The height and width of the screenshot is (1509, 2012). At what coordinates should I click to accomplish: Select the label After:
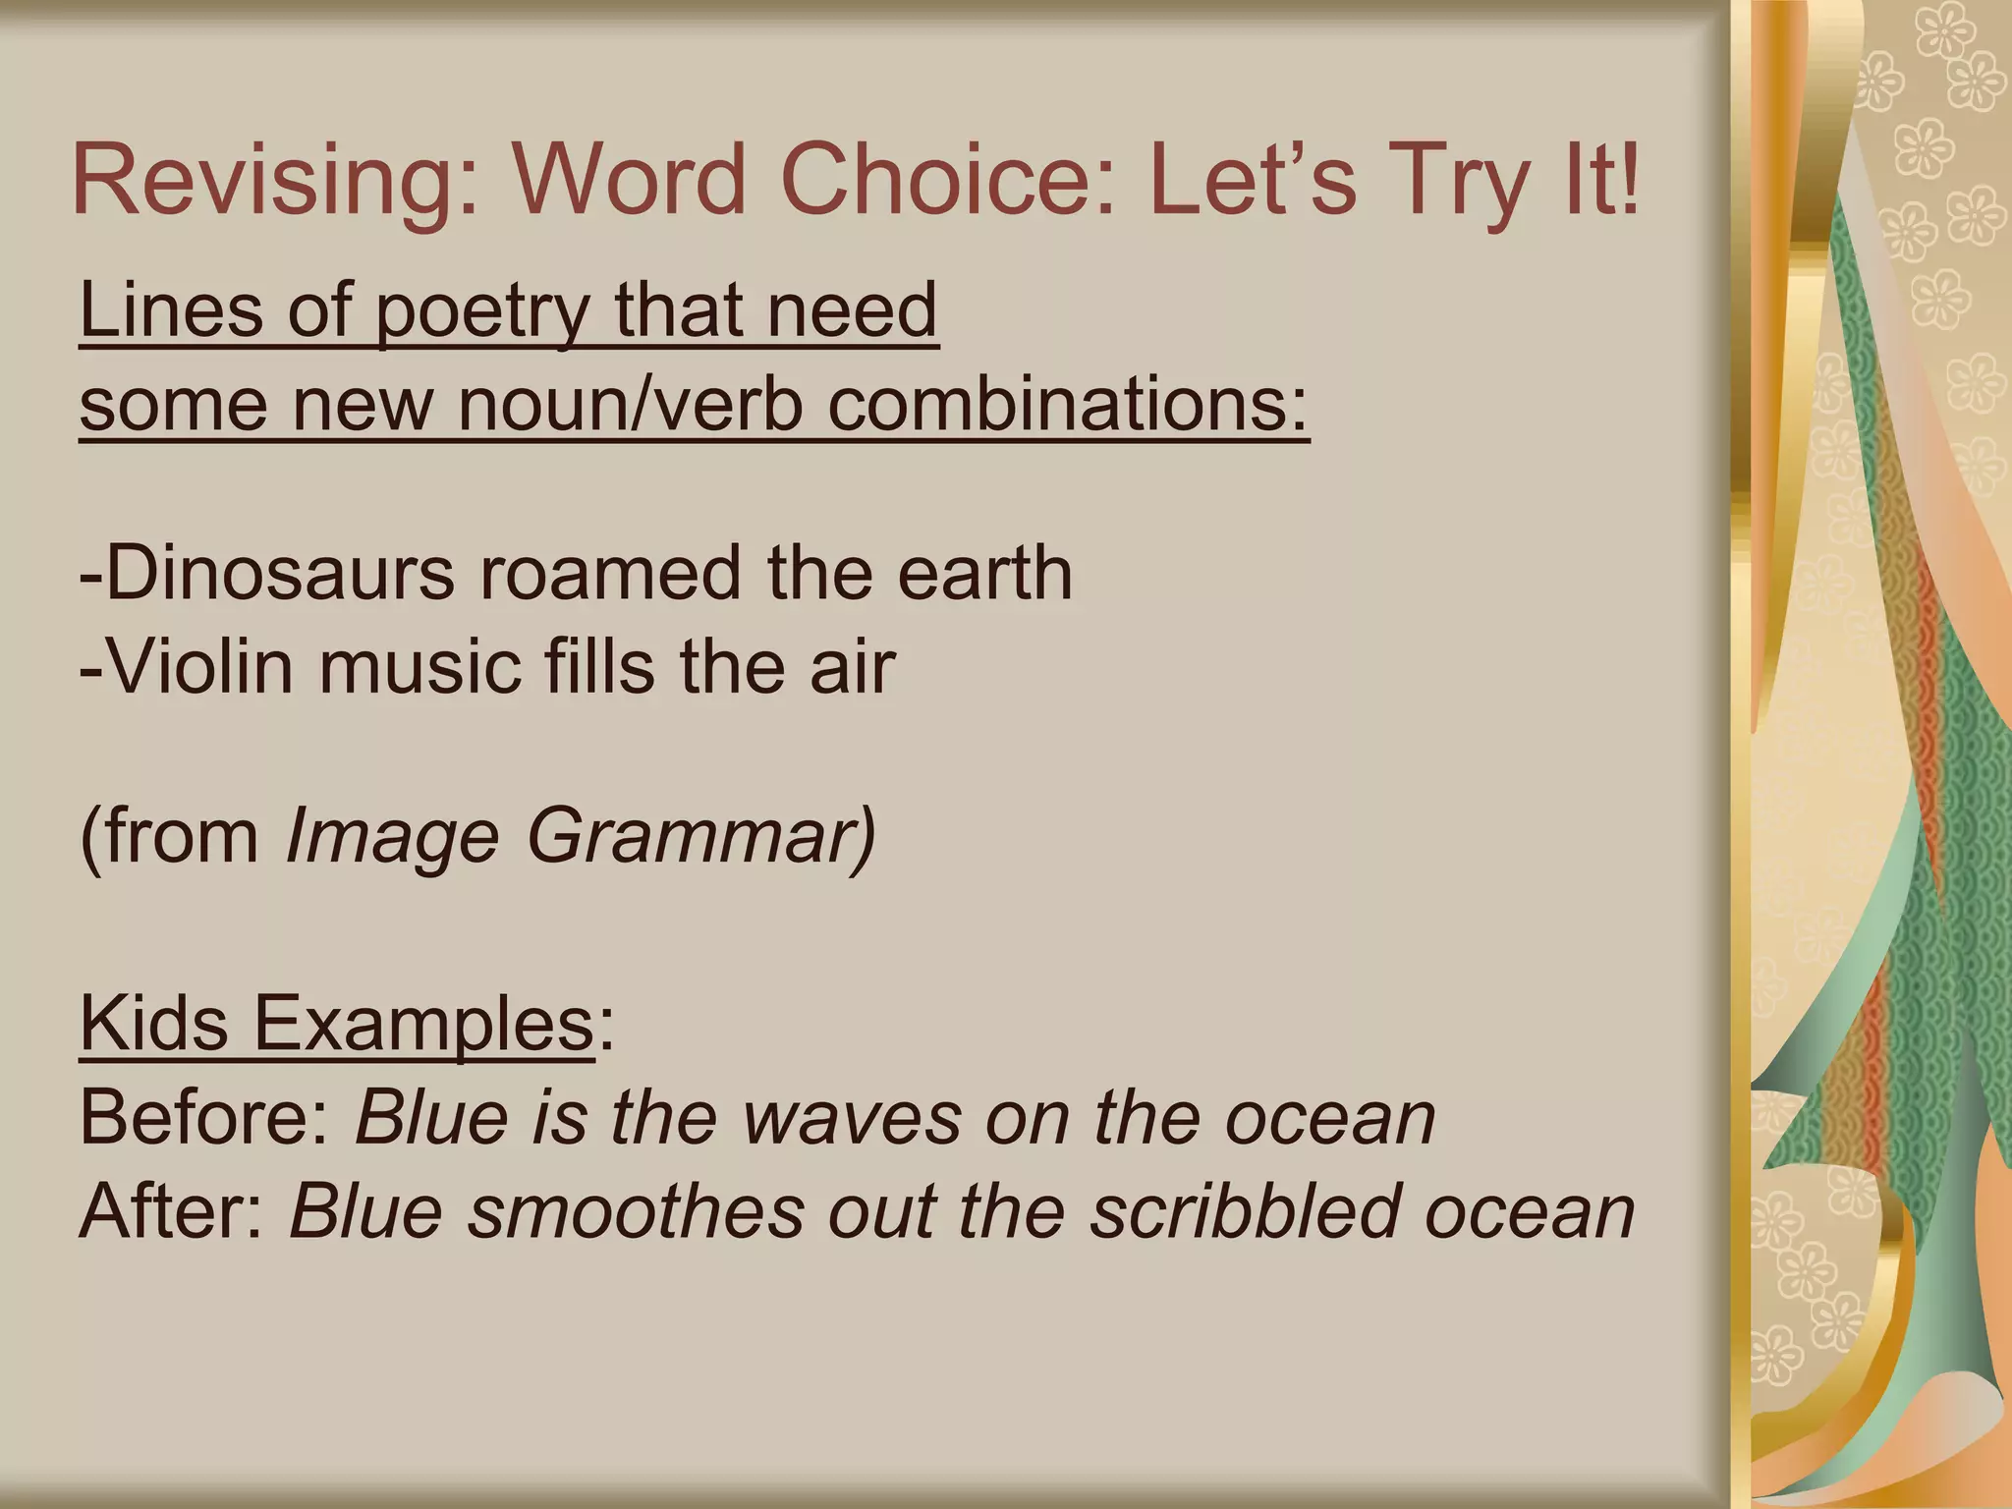[173, 1211]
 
